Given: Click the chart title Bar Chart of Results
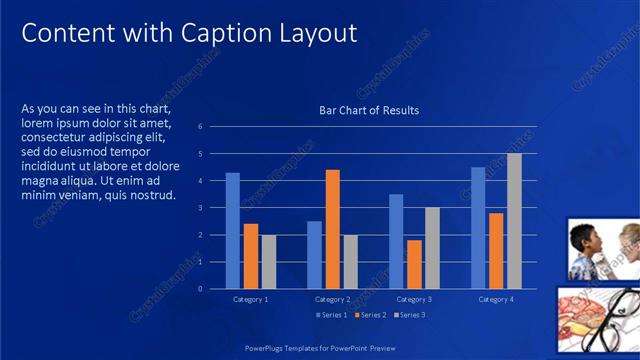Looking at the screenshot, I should (x=369, y=110).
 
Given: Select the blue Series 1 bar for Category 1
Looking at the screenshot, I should (x=232, y=230).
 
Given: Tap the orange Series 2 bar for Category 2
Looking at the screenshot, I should (x=332, y=229).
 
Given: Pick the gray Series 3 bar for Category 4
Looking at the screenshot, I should (x=514, y=221).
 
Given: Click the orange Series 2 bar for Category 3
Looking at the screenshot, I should (x=414, y=264).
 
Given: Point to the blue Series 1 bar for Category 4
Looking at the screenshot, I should (x=478, y=228).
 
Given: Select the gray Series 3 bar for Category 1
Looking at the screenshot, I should (x=268, y=261).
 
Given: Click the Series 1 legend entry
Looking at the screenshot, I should (x=334, y=315).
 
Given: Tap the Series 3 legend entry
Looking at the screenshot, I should (x=409, y=315).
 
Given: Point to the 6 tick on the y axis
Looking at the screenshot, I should (x=200, y=127).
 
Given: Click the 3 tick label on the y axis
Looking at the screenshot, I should (x=200, y=208).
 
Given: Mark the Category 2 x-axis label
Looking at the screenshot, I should (x=332, y=299).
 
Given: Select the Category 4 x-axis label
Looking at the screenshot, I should (x=496, y=299).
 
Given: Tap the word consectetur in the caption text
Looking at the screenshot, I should (x=61, y=137).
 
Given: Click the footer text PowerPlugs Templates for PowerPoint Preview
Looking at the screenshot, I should (x=321, y=348).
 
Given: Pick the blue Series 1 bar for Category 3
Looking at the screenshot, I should (x=396, y=241).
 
